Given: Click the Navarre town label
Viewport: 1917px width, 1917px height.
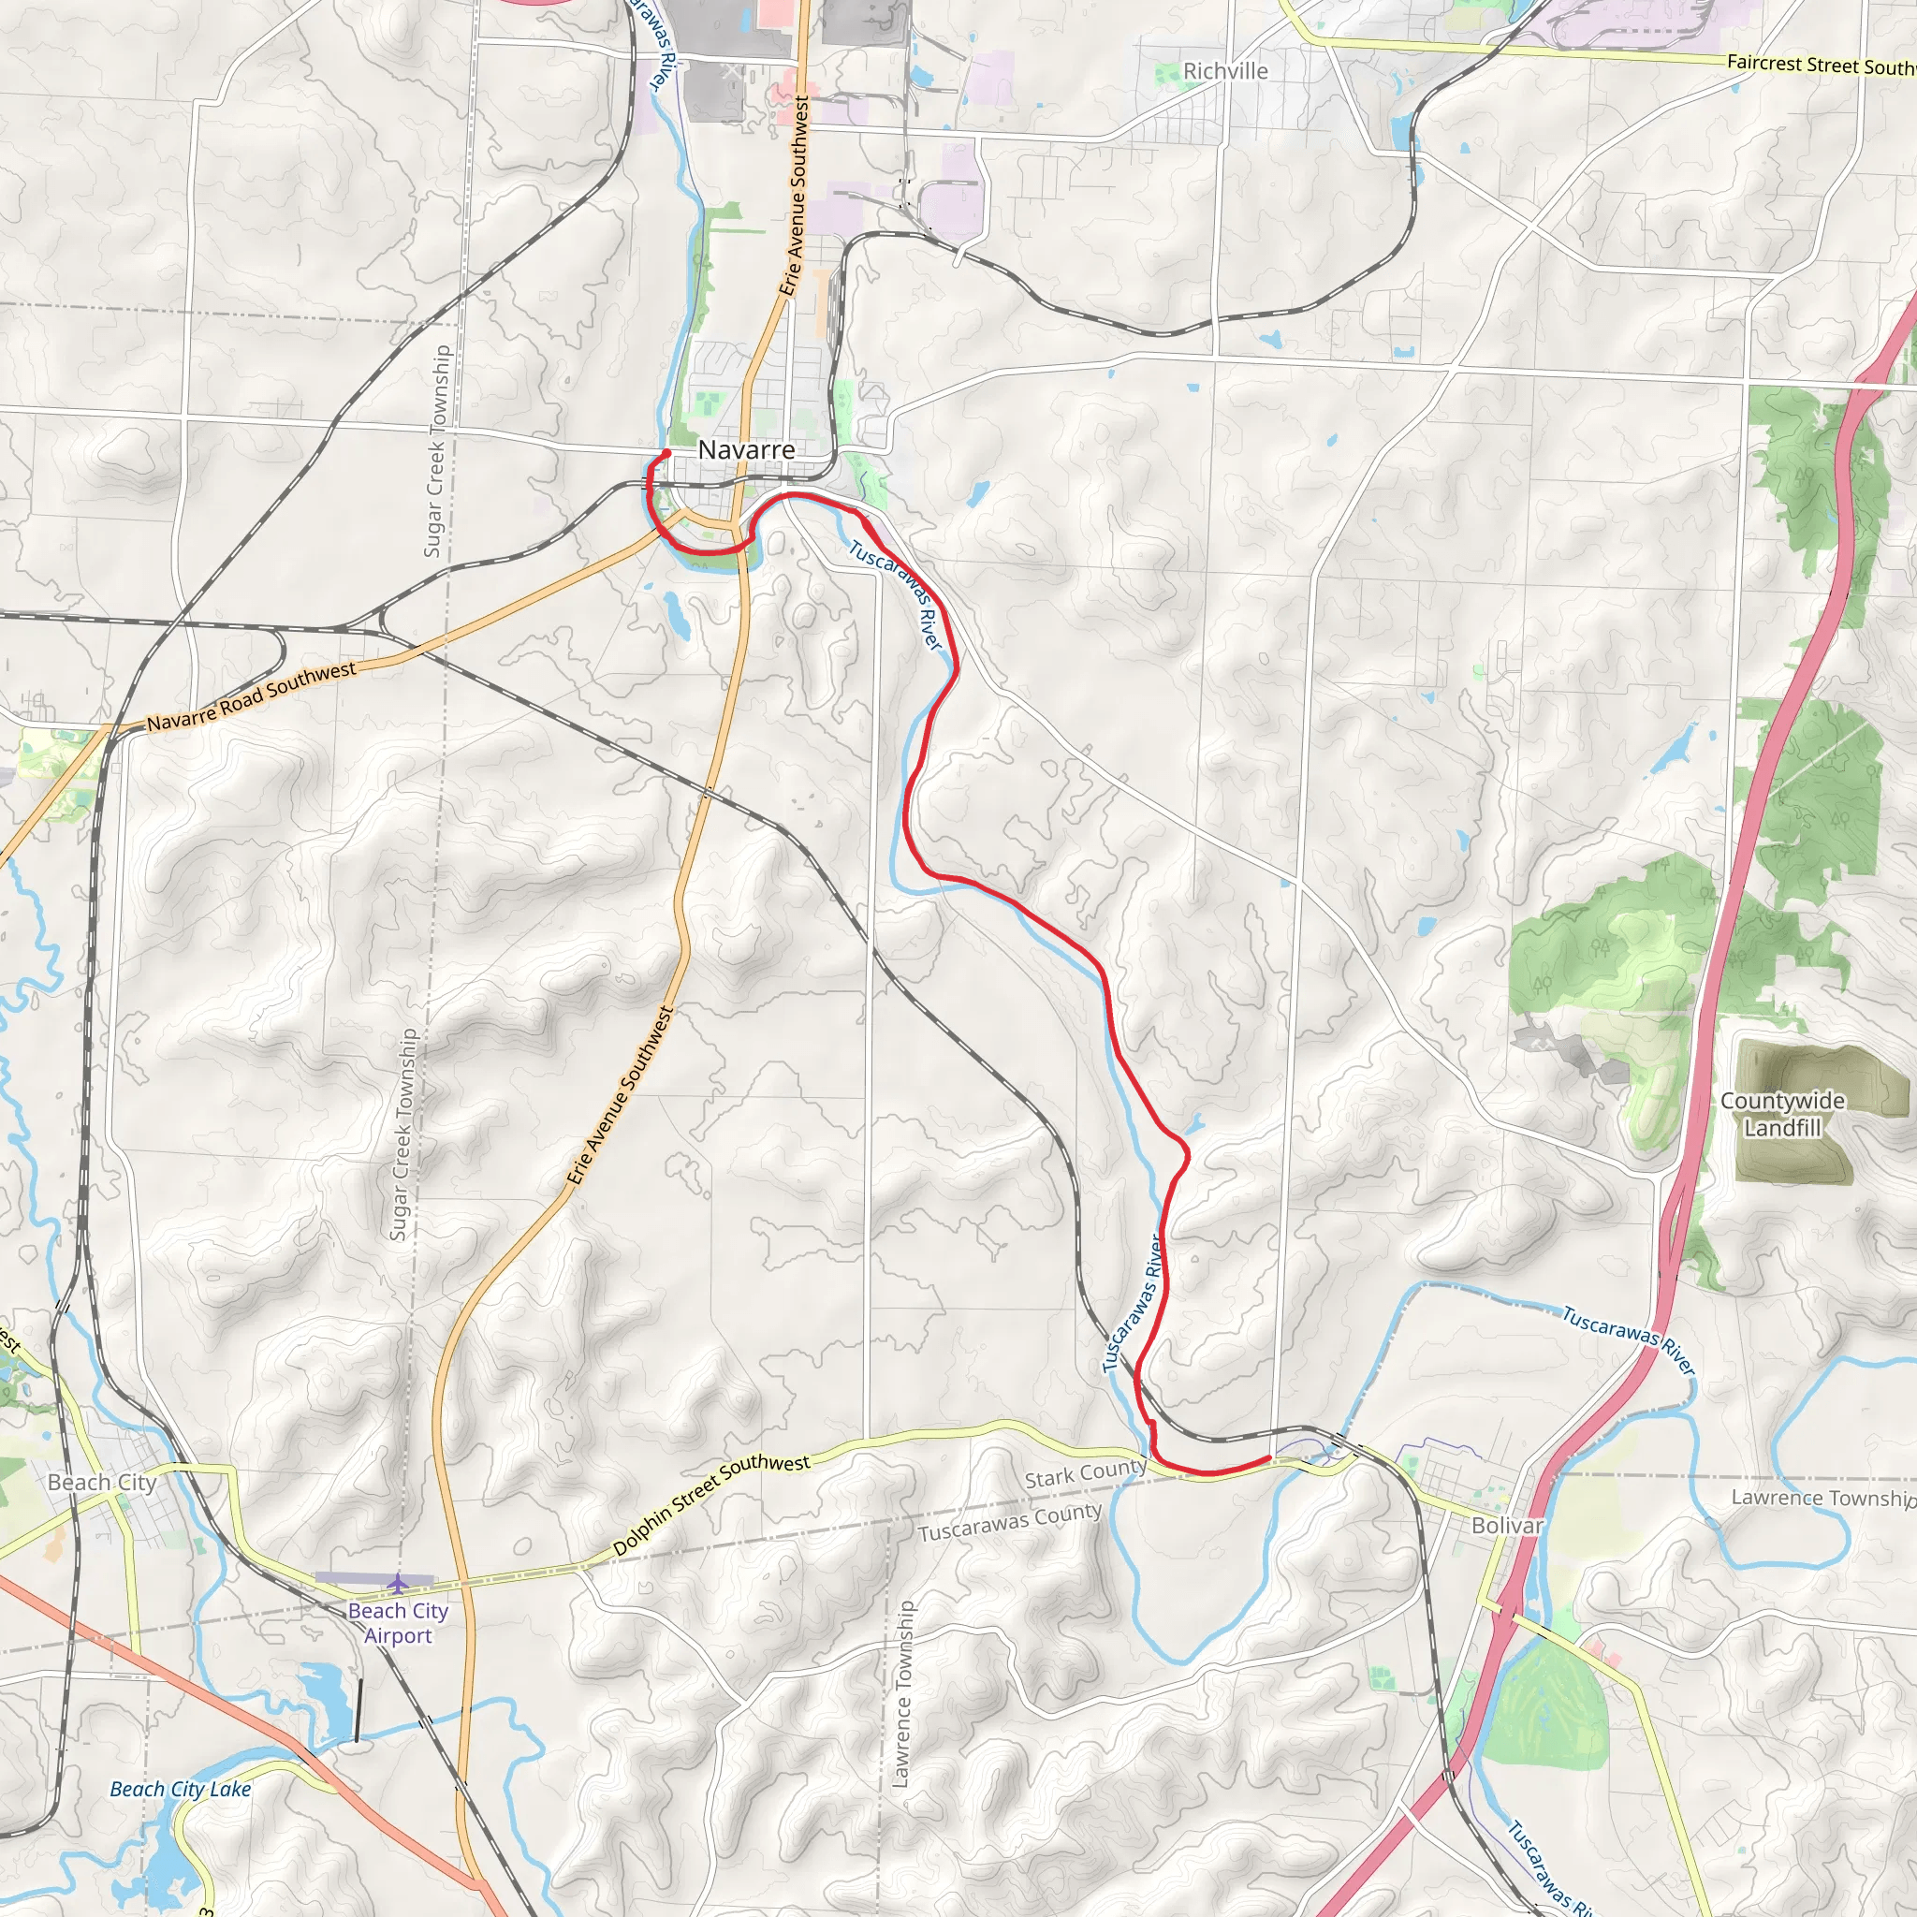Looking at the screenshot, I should tap(746, 449).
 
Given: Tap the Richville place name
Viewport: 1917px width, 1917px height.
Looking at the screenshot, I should tap(1225, 71).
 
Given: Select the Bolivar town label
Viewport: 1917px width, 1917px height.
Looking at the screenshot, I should tap(1507, 1525).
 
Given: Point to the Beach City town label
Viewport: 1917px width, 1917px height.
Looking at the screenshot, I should tap(102, 1483).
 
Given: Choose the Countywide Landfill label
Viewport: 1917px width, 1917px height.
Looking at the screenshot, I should tap(1782, 1114).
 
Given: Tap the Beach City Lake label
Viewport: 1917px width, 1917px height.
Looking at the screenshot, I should tap(181, 1789).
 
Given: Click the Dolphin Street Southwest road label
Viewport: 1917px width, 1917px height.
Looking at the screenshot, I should tap(711, 1504).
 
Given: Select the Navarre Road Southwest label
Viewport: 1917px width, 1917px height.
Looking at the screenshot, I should tap(252, 696).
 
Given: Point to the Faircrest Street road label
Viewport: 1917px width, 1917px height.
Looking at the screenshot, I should tap(1820, 65).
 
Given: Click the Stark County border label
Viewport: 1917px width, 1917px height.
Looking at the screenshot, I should tap(1086, 1473).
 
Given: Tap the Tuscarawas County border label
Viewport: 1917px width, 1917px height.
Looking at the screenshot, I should tap(1009, 1522).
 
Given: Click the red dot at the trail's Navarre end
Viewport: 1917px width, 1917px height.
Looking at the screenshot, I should tap(666, 453).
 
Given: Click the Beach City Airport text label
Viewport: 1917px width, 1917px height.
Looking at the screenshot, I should tap(398, 1623).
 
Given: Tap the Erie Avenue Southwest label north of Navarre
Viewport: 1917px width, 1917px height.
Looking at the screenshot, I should tap(795, 196).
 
